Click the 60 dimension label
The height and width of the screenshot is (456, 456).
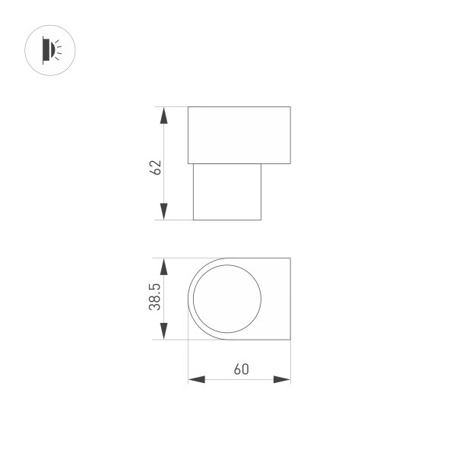241,370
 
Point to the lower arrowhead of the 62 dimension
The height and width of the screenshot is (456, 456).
163,211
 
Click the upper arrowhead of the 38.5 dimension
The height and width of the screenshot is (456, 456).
163,267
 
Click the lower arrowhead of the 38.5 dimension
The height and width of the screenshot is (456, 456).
163,331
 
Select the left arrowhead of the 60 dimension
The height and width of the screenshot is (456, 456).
197,379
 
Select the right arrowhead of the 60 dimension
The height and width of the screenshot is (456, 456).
282,379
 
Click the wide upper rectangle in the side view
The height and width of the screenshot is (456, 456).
239,135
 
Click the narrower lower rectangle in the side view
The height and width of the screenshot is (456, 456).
227,192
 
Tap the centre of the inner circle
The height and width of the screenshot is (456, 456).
227,299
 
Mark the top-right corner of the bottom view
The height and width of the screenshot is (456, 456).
290,258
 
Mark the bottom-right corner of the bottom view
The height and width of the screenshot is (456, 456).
290,339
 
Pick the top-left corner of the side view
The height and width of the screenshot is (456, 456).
188,107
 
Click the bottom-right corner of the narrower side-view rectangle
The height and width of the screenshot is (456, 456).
261,220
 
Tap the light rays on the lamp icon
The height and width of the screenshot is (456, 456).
61,50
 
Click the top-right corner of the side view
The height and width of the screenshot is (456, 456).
290,107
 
